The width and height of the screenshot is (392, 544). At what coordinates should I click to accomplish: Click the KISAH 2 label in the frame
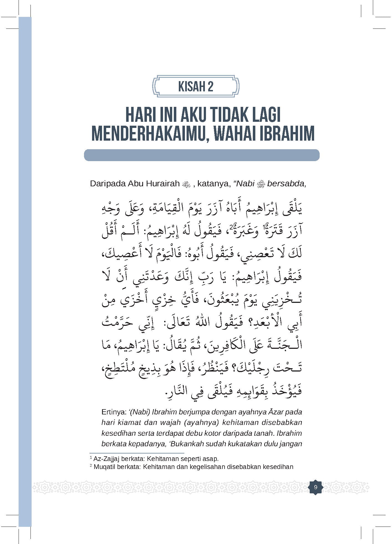(196, 87)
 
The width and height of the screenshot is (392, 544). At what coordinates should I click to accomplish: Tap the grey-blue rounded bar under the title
(202, 155)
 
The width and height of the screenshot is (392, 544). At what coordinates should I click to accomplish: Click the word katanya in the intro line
(214, 184)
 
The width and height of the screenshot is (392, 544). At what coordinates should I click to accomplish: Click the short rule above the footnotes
(137, 453)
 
